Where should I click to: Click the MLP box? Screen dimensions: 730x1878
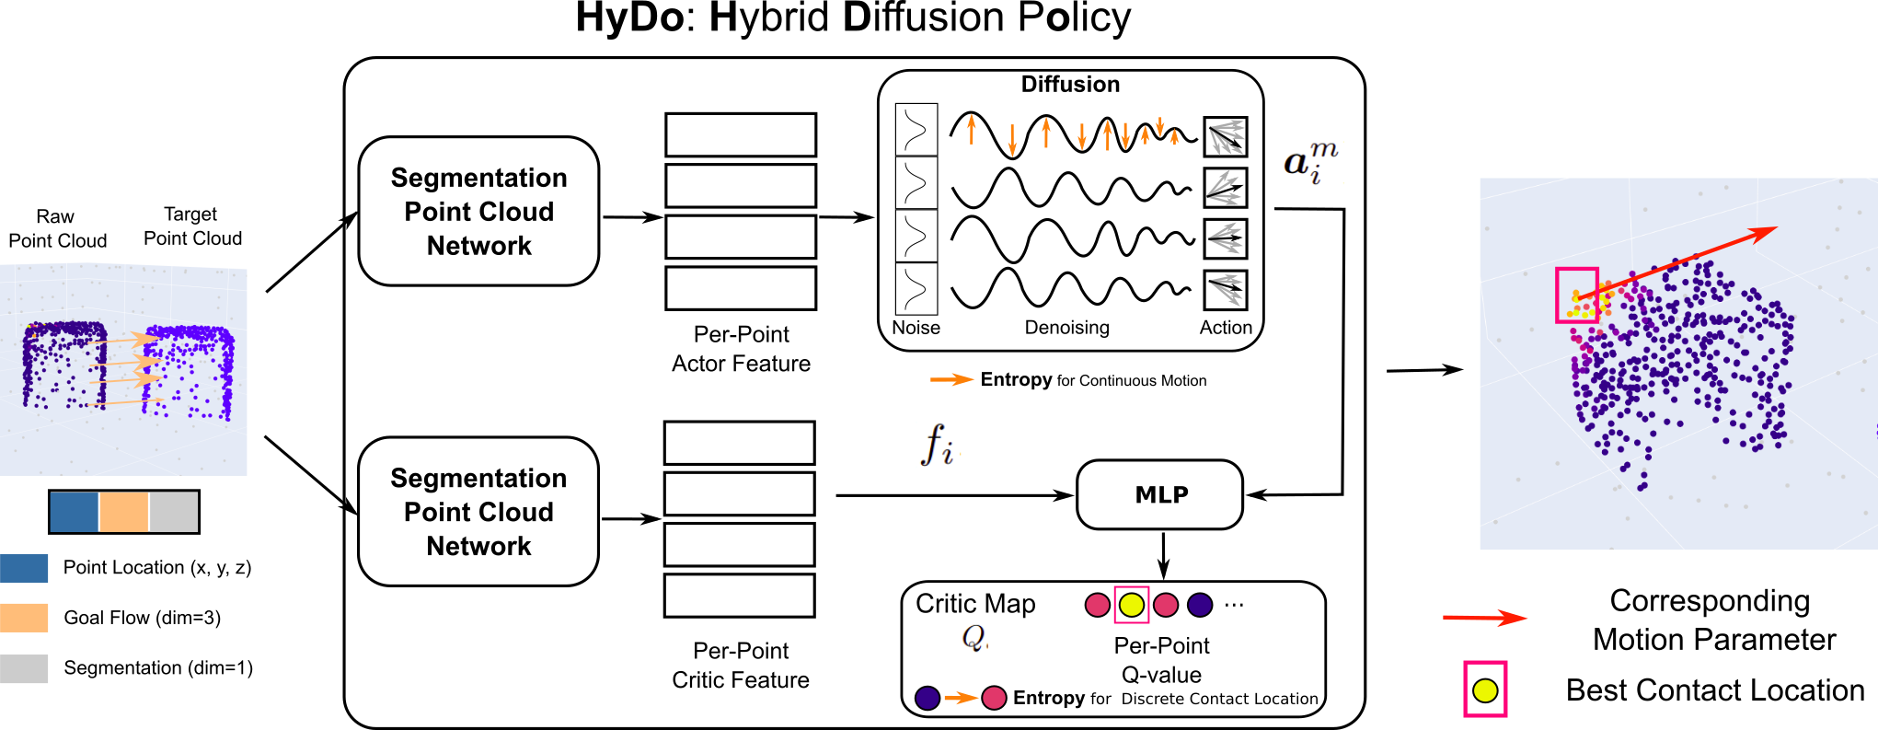[1160, 495]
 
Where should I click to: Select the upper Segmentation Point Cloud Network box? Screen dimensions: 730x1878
[478, 212]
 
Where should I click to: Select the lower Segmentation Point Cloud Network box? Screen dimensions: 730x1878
[478, 512]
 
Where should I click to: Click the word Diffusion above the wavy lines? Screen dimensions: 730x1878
[1070, 85]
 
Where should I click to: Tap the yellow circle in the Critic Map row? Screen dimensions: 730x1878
[1131, 605]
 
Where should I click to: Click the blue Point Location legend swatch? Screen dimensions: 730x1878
[25, 568]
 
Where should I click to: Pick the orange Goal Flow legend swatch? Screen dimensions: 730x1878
[25, 618]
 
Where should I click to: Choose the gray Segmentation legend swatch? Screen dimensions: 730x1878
[25, 668]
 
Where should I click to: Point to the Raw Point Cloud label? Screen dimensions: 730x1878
[57, 228]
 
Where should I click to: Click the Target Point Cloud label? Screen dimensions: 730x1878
[192, 226]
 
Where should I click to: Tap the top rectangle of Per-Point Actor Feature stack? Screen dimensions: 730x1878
[741, 135]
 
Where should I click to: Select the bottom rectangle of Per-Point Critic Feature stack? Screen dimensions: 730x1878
[740, 596]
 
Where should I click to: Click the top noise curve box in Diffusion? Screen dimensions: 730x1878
[916, 129]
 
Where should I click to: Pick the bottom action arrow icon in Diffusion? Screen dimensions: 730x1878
[1226, 290]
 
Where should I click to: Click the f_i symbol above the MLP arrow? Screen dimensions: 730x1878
[937, 445]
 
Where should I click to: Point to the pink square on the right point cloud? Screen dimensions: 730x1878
[1576, 295]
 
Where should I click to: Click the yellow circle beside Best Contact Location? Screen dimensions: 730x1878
[1485, 690]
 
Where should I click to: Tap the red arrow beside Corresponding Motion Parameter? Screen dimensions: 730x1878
[1484, 618]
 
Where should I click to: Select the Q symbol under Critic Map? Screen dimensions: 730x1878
[974, 637]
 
